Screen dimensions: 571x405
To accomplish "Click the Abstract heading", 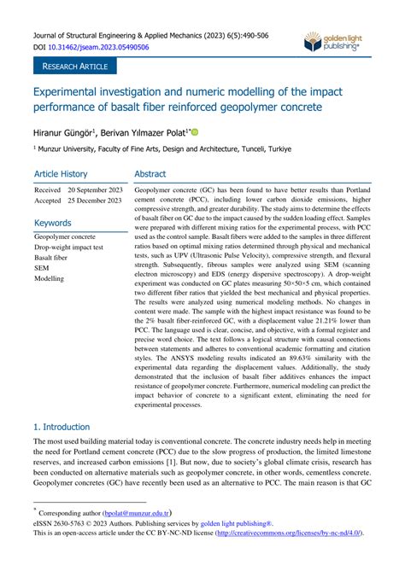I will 156,172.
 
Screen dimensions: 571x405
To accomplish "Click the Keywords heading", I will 53,222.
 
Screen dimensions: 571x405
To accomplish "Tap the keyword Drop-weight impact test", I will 69,246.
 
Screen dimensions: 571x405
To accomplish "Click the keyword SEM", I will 42,267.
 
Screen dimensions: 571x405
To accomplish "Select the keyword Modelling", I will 50,278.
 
